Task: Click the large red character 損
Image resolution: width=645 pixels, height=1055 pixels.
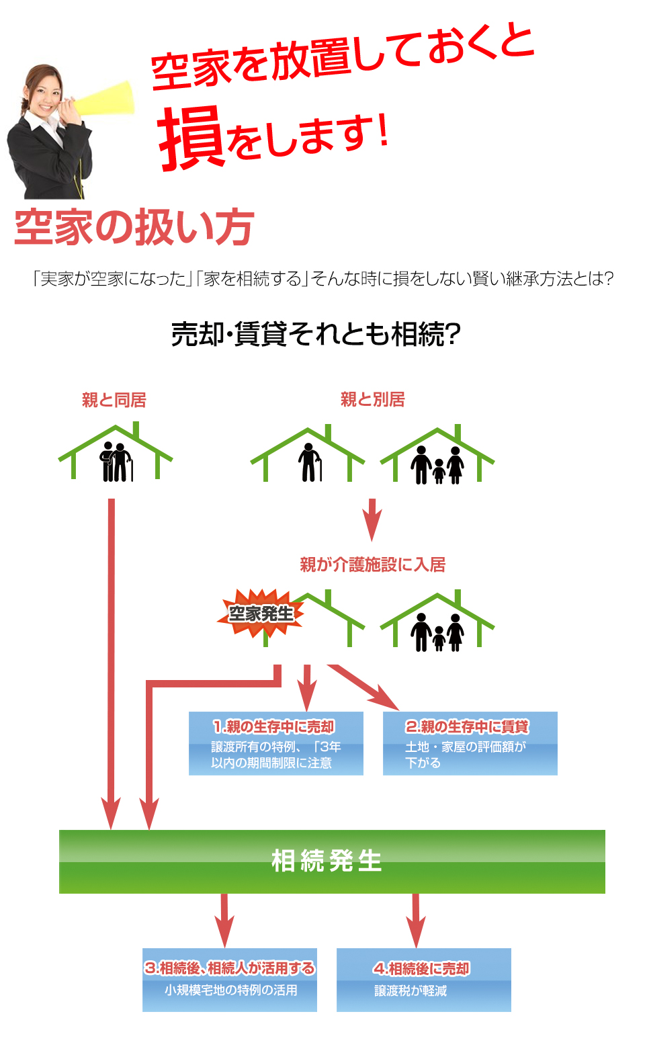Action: [x=191, y=138]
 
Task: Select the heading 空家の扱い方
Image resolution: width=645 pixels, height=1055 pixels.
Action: [x=134, y=227]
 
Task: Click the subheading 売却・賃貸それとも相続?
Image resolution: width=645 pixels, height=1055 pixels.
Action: [x=316, y=334]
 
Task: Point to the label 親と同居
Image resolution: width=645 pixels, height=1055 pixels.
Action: [x=114, y=400]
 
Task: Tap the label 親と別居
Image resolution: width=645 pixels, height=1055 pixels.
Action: [x=372, y=400]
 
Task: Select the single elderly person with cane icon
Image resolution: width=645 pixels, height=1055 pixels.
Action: [x=309, y=463]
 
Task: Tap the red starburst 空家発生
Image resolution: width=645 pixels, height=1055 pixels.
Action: [x=261, y=614]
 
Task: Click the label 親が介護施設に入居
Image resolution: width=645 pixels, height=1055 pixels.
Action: [x=372, y=564]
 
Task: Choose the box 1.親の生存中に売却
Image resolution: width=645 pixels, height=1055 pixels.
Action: [x=275, y=743]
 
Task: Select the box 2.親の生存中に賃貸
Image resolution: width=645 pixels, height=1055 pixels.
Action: [x=470, y=743]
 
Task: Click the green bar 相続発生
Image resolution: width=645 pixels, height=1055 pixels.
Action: [x=332, y=861]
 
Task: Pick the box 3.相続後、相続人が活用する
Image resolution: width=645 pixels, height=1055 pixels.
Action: [x=229, y=980]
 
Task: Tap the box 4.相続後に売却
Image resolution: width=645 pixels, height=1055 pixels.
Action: [x=423, y=980]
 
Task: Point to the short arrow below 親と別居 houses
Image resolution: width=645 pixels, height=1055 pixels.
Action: [x=372, y=519]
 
